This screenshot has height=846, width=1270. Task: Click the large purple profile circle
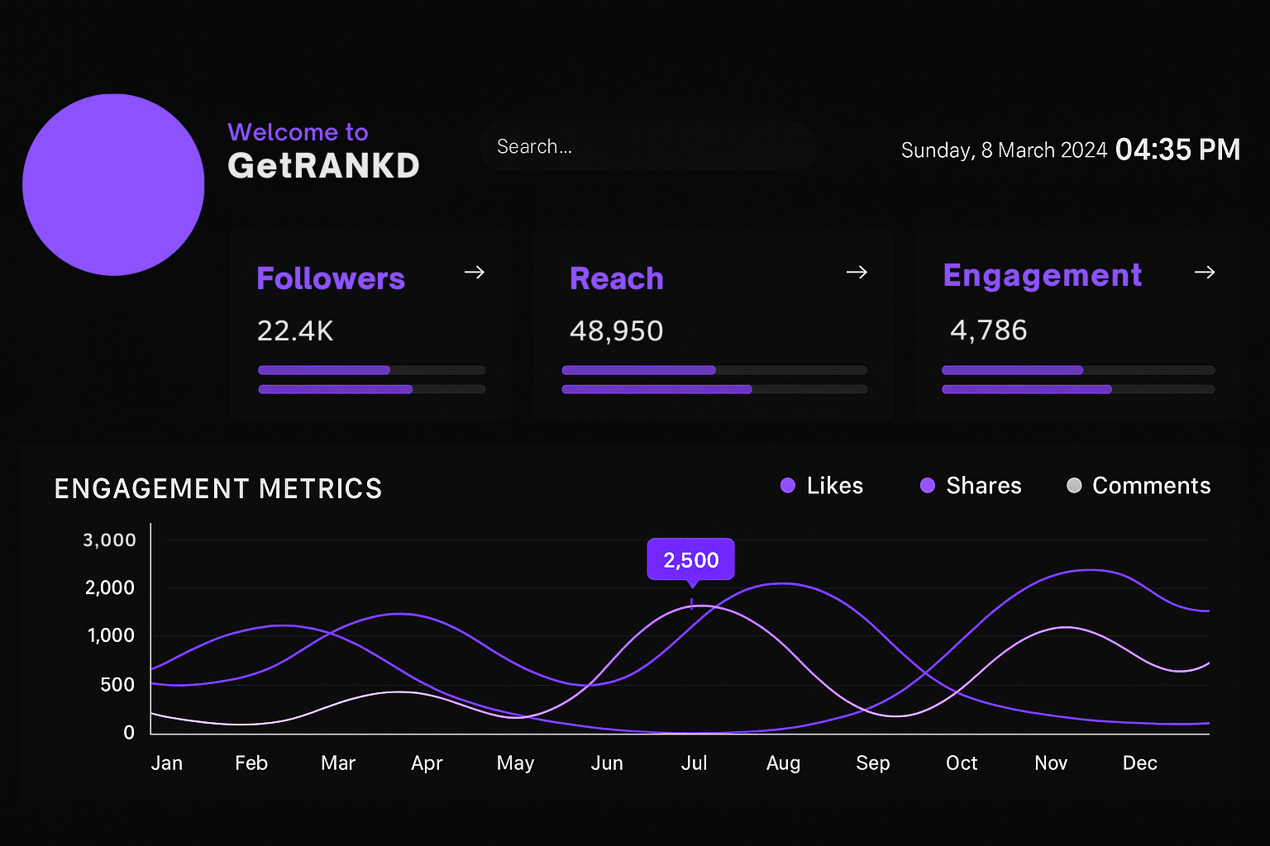113,185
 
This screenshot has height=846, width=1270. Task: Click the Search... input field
647,146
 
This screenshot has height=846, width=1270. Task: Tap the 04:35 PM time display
1177,150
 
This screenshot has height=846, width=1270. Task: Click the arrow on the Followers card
475,273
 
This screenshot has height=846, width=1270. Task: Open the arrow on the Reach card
857,273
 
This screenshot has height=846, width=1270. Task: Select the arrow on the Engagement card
1205,273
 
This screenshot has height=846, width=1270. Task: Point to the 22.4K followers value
295,331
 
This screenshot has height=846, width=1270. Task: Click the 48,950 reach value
616,331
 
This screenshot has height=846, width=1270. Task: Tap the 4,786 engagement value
988,330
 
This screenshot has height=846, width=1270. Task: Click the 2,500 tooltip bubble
690,560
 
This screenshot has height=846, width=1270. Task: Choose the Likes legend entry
822,486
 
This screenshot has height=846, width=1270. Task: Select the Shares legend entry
971,486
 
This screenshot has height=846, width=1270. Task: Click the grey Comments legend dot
1074,486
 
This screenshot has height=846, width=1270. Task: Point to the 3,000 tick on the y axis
109,540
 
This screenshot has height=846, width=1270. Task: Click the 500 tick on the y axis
117,685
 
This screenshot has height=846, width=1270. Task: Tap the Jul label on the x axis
694,763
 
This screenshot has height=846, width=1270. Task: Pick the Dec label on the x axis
1139,763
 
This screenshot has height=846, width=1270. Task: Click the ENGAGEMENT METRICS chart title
218,488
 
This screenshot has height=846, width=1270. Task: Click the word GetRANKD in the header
323,165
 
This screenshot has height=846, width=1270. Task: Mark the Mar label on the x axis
338,763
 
